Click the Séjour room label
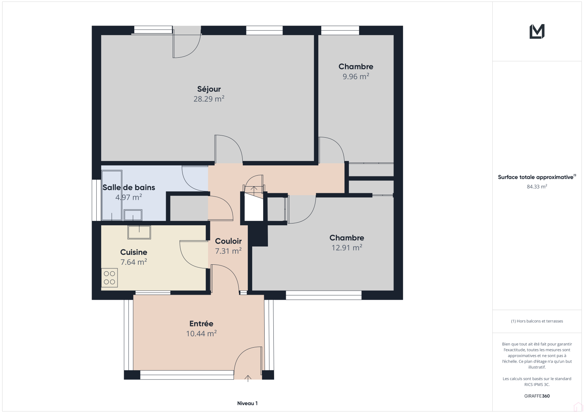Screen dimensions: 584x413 click(209, 89)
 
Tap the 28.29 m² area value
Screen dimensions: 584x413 click(209, 99)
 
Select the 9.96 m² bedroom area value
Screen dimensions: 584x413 click(356, 76)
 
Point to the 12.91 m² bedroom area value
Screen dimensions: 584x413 click(347, 247)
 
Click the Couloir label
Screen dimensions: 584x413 click(228, 241)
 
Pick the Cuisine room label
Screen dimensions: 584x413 click(134, 252)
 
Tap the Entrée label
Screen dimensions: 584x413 click(201, 324)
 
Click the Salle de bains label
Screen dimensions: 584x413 click(129, 187)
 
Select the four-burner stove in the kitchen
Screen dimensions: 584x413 click(109, 278)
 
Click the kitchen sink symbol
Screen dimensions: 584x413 click(139, 232)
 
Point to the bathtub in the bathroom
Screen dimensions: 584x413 click(112, 195)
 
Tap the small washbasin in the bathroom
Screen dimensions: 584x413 click(133, 215)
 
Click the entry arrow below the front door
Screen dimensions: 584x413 click(248, 379)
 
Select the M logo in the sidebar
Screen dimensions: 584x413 click(537, 31)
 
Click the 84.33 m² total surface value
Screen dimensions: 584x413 click(537, 187)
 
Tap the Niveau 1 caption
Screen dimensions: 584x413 click(247, 403)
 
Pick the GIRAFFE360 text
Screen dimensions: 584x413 click(537, 396)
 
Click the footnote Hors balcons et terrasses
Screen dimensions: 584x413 click(537, 321)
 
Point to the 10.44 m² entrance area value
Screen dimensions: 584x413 click(201, 333)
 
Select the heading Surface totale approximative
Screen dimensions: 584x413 click(536, 177)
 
